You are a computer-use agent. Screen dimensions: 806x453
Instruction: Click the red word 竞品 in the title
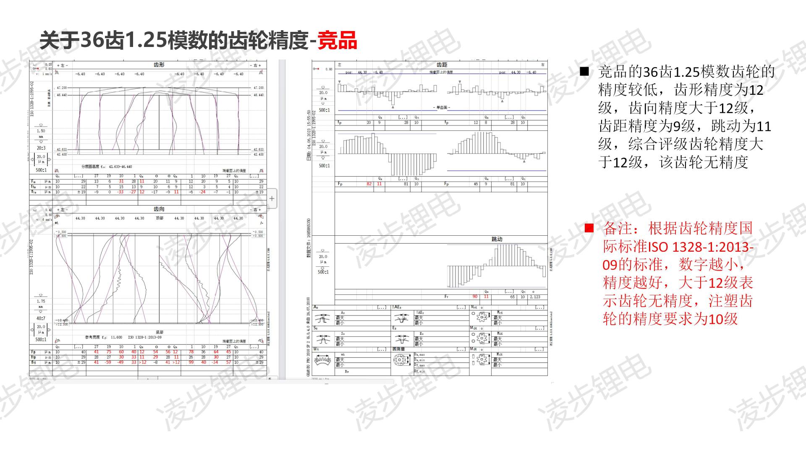click(x=337, y=41)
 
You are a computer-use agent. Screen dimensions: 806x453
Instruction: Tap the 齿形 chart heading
click(x=159, y=65)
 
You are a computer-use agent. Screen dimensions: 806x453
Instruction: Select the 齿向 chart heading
click(x=159, y=209)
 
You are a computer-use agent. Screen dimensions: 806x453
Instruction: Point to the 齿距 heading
click(x=442, y=65)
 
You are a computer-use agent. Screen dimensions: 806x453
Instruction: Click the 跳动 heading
click(x=497, y=239)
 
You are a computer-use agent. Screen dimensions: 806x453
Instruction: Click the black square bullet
click(x=584, y=72)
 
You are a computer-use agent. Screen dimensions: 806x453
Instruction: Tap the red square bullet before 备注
click(x=589, y=228)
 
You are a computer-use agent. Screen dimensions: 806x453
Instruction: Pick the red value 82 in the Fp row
click(x=369, y=184)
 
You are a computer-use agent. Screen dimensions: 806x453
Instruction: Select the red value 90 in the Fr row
click(x=475, y=297)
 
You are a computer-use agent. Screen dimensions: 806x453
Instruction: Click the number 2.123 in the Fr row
click(x=535, y=297)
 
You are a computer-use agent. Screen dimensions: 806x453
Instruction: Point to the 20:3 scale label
click(x=41, y=148)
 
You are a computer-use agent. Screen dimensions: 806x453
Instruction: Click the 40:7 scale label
click(x=41, y=318)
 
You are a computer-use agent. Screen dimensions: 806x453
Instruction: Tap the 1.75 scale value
click(x=41, y=301)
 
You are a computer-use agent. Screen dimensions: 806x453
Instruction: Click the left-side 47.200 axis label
click(x=62, y=88)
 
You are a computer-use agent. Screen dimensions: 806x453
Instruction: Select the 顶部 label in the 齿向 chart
click(x=160, y=218)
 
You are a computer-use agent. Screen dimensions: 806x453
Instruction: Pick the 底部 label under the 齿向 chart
click(x=159, y=332)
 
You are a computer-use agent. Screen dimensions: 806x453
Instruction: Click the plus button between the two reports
click(x=272, y=198)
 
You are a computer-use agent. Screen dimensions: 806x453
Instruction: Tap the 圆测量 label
click(x=398, y=349)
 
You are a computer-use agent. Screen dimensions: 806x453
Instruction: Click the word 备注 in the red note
click(x=618, y=229)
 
